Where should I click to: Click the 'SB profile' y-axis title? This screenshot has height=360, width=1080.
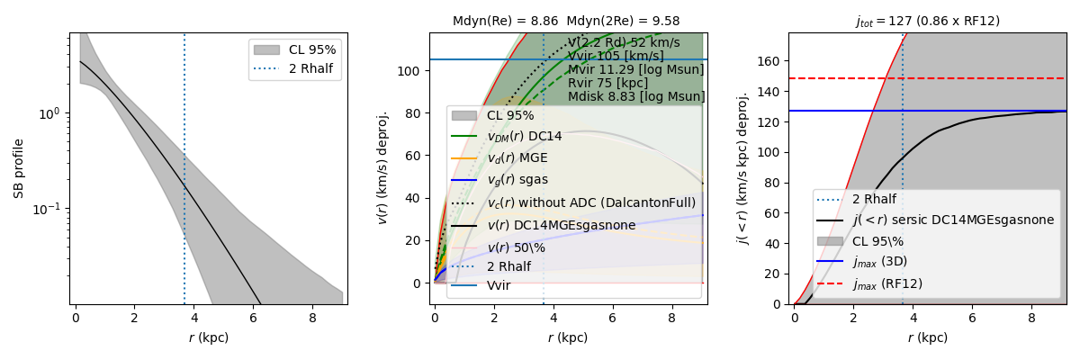click(x=19, y=168)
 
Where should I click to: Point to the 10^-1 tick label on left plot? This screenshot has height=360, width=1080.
click(x=50, y=209)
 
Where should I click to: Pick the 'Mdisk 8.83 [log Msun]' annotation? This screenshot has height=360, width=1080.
click(x=635, y=97)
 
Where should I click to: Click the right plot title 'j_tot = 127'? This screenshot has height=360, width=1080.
click(x=927, y=21)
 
